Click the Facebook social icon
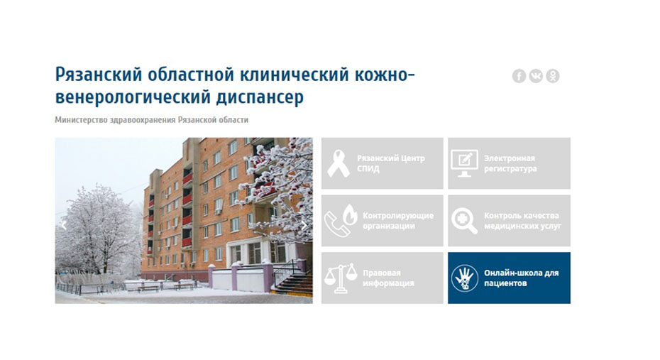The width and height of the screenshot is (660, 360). [x=519, y=76]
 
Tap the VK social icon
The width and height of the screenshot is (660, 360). [x=536, y=76]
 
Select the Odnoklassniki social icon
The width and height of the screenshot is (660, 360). [x=553, y=76]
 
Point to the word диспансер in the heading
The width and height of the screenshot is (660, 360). [x=260, y=97]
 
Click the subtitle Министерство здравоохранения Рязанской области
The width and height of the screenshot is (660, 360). [x=152, y=119]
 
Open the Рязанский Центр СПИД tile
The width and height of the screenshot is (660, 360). [x=383, y=163]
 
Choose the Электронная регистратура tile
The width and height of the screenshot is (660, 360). [x=510, y=163]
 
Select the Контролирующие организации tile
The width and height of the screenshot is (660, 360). [x=383, y=221]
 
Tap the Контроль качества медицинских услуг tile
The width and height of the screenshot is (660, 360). [x=510, y=221]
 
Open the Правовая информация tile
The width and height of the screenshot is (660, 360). [x=383, y=278]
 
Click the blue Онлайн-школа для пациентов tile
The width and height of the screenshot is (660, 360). [x=510, y=278]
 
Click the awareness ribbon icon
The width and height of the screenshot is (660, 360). [x=339, y=163]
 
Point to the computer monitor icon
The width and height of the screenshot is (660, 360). [x=464, y=163]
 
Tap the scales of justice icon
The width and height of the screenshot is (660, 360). [x=341, y=278]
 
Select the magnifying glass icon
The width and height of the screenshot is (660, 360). [x=464, y=221]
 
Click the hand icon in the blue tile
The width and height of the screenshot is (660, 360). [x=465, y=278]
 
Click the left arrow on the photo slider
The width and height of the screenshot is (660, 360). [x=64, y=225]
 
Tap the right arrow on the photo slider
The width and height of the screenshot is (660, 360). [x=304, y=225]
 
